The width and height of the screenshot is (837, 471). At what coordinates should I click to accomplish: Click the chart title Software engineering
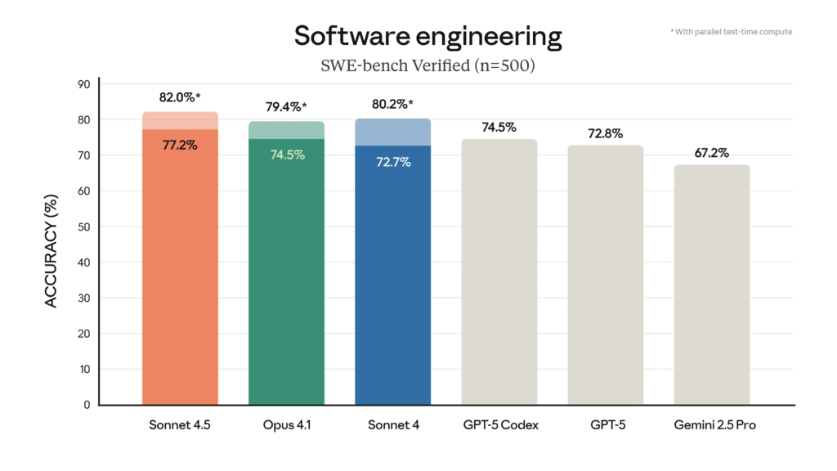click(427, 36)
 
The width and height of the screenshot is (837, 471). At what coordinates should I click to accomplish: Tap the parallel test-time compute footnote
click(731, 32)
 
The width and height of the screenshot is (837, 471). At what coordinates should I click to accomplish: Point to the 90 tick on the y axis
click(83, 84)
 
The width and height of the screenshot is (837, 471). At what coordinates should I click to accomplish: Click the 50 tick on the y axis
click(83, 227)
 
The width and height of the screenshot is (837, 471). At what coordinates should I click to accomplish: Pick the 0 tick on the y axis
click(87, 405)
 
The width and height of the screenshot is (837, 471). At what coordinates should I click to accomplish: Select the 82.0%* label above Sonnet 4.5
click(180, 97)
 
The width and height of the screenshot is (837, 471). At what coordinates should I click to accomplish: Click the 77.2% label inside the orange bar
click(179, 144)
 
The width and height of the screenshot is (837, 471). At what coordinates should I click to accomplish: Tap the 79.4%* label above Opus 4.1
click(287, 107)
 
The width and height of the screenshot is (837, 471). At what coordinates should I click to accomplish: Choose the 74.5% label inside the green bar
click(287, 155)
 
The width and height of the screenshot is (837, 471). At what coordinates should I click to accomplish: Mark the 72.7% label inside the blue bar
click(393, 162)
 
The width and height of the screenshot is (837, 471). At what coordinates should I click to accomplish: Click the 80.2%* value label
click(393, 104)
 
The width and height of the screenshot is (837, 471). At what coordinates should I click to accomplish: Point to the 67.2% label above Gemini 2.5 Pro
click(711, 153)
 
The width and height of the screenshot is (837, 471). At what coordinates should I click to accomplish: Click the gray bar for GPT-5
click(606, 278)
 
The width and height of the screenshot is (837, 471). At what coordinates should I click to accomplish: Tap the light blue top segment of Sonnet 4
click(392, 132)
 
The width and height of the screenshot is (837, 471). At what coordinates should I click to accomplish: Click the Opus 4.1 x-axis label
click(286, 425)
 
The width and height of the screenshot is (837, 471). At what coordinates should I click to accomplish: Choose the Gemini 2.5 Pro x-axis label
click(711, 425)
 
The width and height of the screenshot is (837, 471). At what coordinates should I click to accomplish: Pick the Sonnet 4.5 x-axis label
click(180, 425)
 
